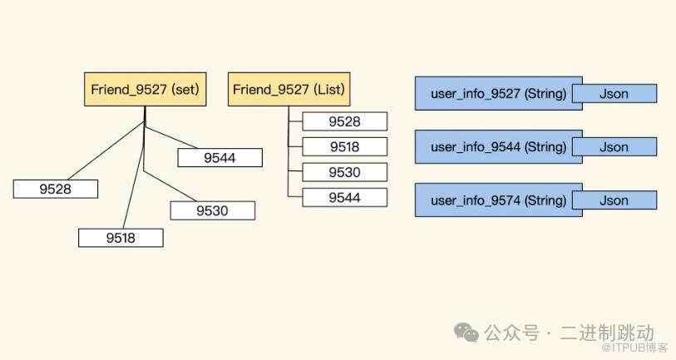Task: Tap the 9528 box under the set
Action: (x=56, y=189)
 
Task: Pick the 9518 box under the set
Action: (x=121, y=238)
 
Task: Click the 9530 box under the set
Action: (x=212, y=210)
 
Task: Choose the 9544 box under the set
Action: (x=220, y=157)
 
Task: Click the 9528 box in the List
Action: (x=344, y=121)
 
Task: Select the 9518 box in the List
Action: (x=344, y=146)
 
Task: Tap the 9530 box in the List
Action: (x=344, y=172)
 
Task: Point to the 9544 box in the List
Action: (x=344, y=197)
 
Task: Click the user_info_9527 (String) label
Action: (x=498, y=94)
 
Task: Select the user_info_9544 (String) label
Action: (x=498, y=147)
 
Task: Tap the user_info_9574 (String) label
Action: (x=498, y=200)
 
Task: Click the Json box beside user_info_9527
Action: (x=614, y=94)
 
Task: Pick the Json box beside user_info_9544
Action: (x=614, y=147)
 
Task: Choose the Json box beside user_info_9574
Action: (x=614, y=200)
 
